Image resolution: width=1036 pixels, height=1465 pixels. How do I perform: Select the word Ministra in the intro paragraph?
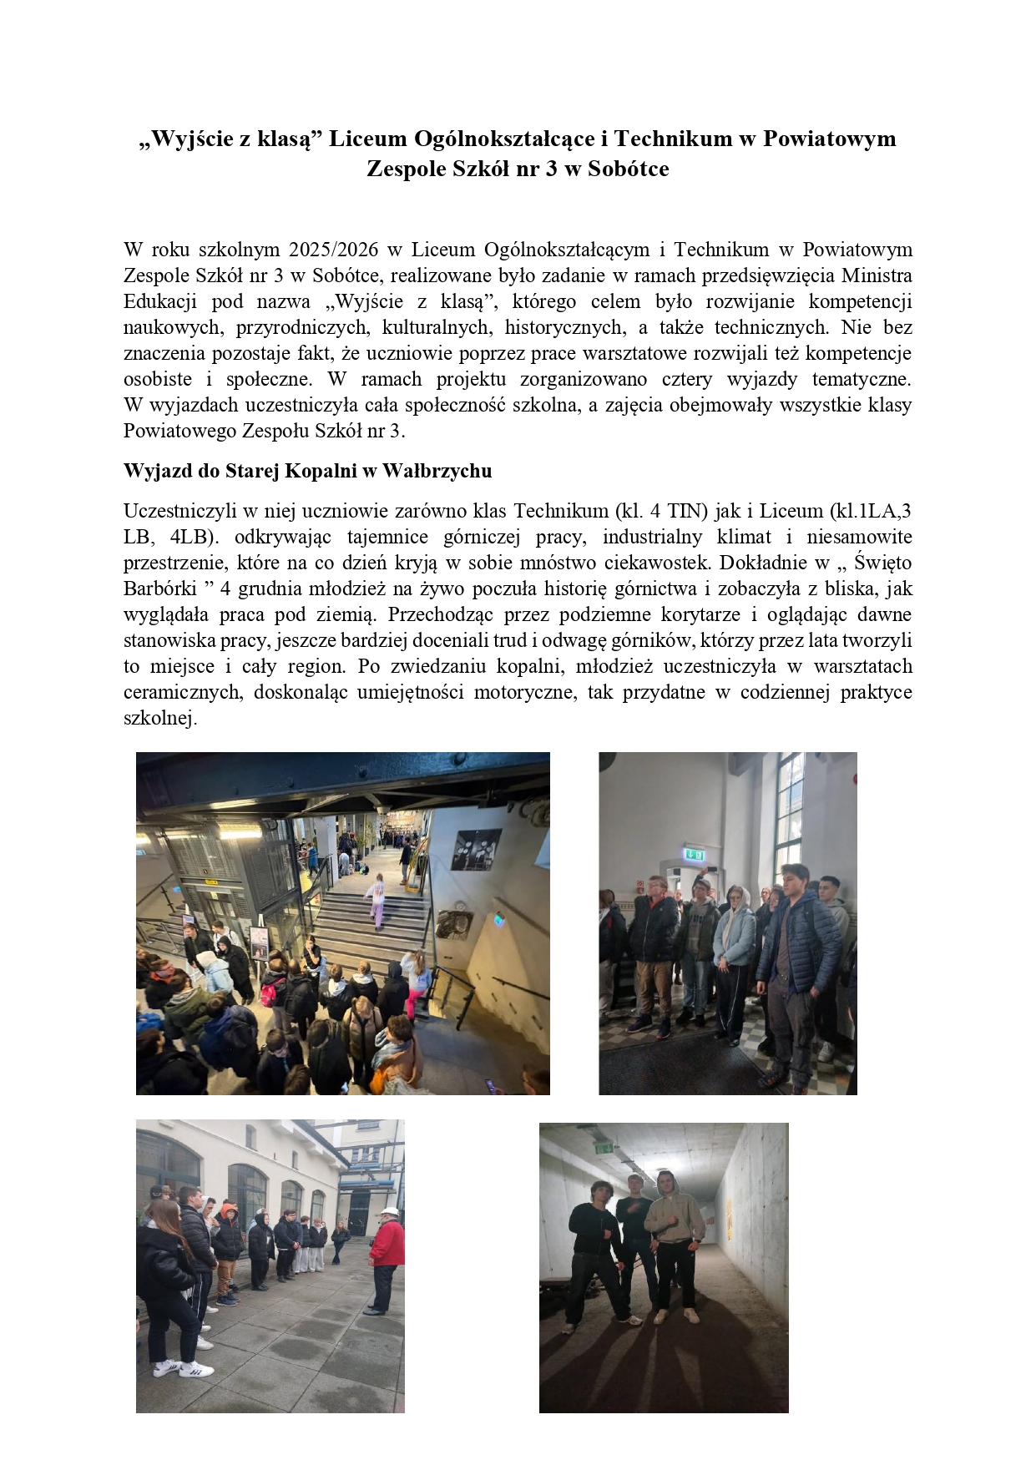pyautogui.click(x=877, y=275)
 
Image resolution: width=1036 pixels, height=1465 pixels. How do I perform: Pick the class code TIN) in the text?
pyautogui.click(x=687, y=511)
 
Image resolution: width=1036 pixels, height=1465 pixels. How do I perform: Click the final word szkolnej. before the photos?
pyautogui.click(x=160, y=718)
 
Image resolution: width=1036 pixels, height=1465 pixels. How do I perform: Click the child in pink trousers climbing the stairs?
pyautogui.click(x=377, y=900)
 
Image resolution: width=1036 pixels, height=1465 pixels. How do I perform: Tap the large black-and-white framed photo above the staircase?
pyautogui.click(x=476, y=850)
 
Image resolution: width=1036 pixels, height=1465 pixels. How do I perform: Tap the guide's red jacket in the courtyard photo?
pyautogui.click(x=387, y=1244)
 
